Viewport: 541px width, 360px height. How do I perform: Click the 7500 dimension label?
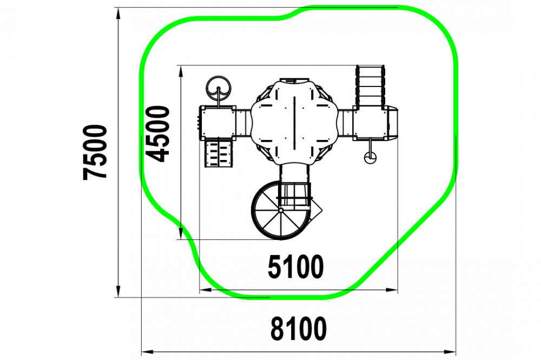95,152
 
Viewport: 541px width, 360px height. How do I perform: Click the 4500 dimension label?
157,134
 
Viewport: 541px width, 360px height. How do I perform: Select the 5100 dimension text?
296,266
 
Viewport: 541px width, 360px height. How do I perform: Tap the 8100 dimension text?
299,329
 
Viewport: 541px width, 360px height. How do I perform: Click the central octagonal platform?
294,122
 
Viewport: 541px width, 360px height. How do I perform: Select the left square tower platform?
217,122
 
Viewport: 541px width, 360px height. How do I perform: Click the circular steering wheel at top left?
219,88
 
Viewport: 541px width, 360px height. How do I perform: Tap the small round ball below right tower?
370,158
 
